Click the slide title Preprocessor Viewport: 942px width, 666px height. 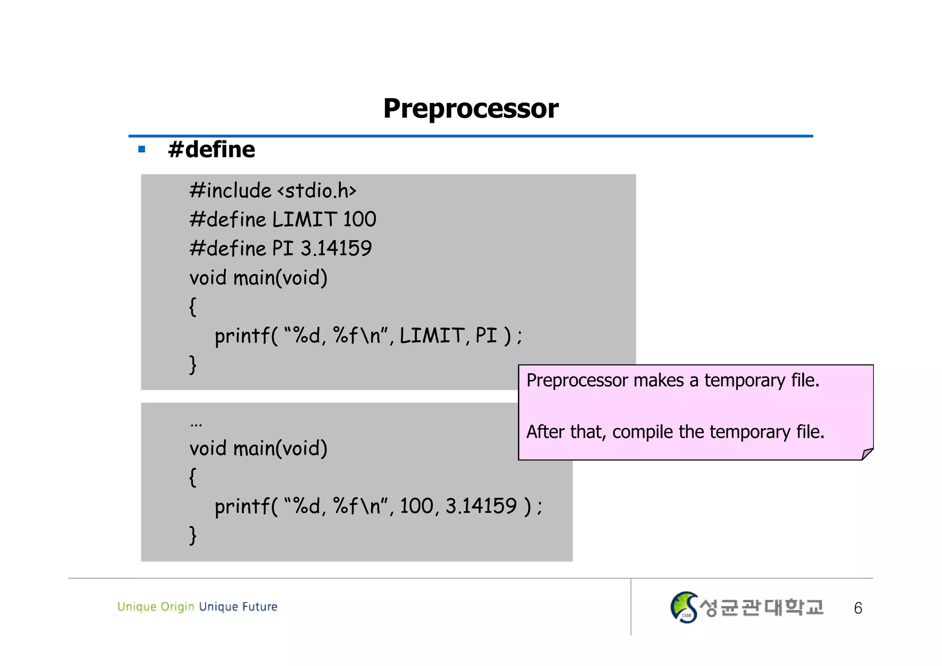click(471, 109)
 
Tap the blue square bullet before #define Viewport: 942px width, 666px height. click(142, 149)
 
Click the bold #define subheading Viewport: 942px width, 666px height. click(212, 150)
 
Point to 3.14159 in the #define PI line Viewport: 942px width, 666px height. click(336, 249)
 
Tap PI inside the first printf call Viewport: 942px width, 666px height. click(486, 336)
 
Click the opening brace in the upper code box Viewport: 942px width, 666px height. click(193, 307)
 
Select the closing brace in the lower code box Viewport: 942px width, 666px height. click(193, 535)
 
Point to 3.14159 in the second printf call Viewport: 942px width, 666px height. click(481, 506)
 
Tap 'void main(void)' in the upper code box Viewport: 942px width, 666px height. click(258, 278)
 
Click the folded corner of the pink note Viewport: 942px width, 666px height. click(867, 454)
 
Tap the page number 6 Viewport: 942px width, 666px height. click(858, 608)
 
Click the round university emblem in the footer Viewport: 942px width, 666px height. click(684, 608)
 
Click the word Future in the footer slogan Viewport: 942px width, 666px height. click(260, 607)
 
